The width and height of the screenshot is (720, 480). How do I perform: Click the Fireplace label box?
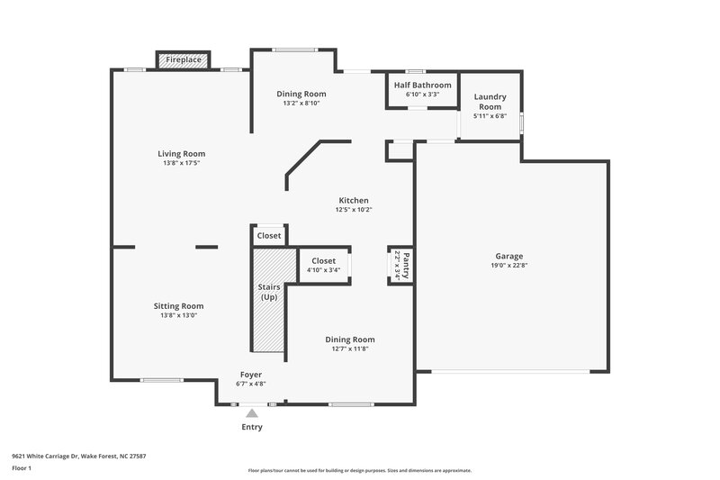(184, 60)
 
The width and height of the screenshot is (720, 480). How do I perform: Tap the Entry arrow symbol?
(252, 413)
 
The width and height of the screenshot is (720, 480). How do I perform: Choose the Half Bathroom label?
(422, 85)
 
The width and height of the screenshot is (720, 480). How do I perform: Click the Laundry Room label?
(490, 102)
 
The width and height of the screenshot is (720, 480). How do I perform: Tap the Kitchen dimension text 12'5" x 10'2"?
(353, 210)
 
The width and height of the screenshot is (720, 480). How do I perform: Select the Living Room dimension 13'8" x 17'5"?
(181, 163)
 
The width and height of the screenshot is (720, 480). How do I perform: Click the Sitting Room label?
(178, 305)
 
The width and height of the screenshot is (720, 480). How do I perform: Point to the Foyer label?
(251, 374)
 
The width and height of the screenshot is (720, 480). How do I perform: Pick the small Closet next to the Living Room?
(269, 236)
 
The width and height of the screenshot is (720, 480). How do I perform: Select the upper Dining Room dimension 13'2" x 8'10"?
(301, 103)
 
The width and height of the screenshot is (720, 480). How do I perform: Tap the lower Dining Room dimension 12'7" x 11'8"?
(349, 349)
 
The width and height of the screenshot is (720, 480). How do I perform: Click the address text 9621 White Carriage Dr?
(78, 456)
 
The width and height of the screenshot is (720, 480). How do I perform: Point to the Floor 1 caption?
(22, 468)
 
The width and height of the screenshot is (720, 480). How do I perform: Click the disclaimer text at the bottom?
(359, 470)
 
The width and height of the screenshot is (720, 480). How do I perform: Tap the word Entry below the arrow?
(252, 427)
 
